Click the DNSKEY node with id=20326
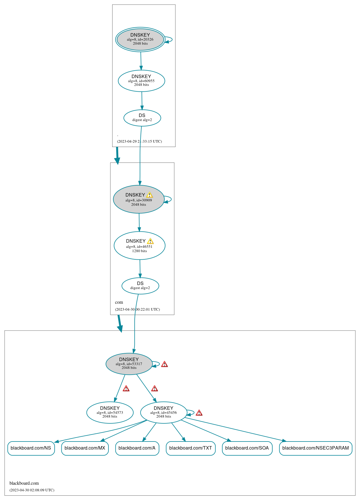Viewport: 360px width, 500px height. [x=140, y=39]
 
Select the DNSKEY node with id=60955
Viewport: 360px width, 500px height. [x=141, y=81]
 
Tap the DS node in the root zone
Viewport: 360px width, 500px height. [x=142, y=118]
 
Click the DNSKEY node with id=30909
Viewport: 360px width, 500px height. [x=138, y=199]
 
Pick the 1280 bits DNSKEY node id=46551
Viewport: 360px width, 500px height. [x=139, y=246]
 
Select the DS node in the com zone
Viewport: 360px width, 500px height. [x=140, y=286]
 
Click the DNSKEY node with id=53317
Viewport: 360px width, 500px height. [x=129, y=364]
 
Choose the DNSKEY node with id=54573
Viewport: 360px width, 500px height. [x=110, y=412]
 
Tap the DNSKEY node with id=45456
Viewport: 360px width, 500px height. [x=163, y=412]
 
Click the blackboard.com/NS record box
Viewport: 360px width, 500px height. [x=31, y=448]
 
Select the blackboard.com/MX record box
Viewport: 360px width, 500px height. [x=85, y=448]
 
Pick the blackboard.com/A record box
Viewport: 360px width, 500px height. [x=137, y=448]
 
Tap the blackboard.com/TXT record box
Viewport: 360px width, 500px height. [x=190, y=448]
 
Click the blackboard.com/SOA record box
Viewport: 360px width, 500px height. [x=247, y=448]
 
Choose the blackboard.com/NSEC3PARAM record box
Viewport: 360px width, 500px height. [x=315, y=448]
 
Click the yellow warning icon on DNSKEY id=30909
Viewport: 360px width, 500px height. [x=149, y=195]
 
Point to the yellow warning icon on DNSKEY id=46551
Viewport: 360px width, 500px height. [x=150, y=241]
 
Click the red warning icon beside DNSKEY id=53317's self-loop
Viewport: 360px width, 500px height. [x=164, y=364]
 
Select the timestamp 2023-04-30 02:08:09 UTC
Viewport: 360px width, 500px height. [x=32, y=490]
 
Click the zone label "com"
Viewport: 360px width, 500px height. [x=119, y=302]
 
